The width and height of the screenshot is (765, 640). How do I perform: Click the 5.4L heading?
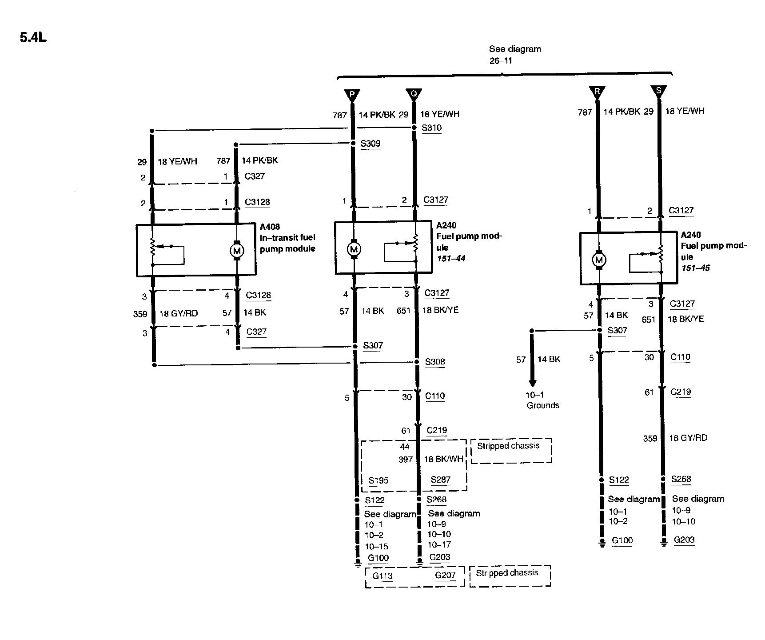[33, 37]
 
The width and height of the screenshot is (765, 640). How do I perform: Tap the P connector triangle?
[352, 95]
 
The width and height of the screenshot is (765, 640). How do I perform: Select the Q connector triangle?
[414, 94]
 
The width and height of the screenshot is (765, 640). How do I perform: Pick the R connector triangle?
[597, 92]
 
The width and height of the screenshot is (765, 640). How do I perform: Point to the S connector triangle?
[658, 91]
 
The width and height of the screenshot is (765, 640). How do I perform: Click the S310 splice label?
[431, 128]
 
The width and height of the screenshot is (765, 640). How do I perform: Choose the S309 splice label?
[370, 144]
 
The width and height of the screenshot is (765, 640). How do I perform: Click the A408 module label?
[270, 227]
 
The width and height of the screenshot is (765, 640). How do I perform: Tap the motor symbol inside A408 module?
[236, 251]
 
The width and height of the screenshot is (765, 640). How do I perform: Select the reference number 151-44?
[451, 259]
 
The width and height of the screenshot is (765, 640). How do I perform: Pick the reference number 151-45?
[696, 268]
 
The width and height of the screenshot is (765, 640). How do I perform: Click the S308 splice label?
[434, 362]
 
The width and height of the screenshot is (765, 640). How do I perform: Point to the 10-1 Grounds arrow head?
[532, 383]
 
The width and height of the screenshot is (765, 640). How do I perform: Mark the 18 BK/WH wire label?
[443, 459]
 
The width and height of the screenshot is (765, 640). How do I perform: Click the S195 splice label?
[379, 480]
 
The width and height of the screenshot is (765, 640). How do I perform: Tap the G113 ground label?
[382, 576]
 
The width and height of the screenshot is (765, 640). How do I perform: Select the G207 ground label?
[445, 576]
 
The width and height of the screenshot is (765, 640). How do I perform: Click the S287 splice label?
[440, 480]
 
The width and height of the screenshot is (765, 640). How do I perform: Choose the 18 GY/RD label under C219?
[688, 438]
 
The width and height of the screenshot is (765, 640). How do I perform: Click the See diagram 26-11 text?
[514, 55]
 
